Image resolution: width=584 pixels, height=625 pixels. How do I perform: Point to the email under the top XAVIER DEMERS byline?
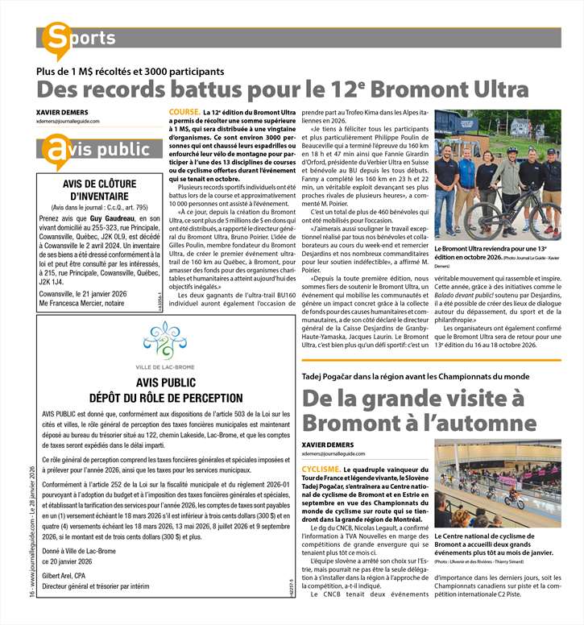[68, 121]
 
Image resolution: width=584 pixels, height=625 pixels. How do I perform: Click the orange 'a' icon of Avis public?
[56, 150]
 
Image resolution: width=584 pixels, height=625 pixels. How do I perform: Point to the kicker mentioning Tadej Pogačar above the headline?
[414, 376]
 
